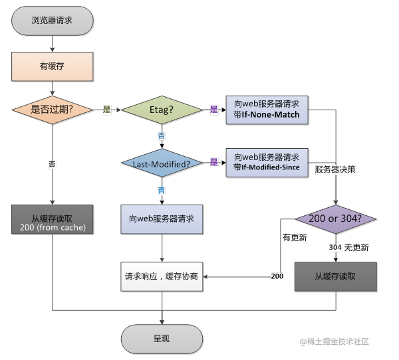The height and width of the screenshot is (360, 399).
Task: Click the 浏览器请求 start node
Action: coord(53,21)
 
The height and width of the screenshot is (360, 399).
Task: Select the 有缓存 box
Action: coord(53,66)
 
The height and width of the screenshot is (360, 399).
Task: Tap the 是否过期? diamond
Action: coord(53,110)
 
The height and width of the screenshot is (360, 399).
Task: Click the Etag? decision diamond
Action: coord(162,110)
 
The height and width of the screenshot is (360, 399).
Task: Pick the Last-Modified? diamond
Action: coord(162,163)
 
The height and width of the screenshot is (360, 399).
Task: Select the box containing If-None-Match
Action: coord(267,110)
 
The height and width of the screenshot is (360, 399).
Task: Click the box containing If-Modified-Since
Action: coord(267,163)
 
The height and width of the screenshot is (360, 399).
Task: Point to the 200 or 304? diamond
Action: coord(336,219)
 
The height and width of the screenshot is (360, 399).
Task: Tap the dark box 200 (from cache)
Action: coord(53,219)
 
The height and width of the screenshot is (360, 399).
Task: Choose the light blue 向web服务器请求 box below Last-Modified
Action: coord(162,219)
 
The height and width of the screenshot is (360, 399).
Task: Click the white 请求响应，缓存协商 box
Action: coord(162,276)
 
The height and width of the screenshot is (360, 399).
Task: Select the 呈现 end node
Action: coord(162,339)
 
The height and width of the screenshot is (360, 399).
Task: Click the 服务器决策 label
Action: coord(335,169)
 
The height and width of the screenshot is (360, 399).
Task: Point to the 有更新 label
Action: coord(295,238)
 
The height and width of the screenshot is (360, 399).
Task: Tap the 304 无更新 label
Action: coord(349,247)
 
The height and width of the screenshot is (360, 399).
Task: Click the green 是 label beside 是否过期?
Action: coord(107,110)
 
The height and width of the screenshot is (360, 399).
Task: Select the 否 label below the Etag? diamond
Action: coord(162,136)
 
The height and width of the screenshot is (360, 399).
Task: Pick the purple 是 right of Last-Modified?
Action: coord(214,162)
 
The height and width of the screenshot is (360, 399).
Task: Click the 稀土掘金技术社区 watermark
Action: coord(334,341)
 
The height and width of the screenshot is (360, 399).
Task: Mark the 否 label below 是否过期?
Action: coord(52,164)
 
